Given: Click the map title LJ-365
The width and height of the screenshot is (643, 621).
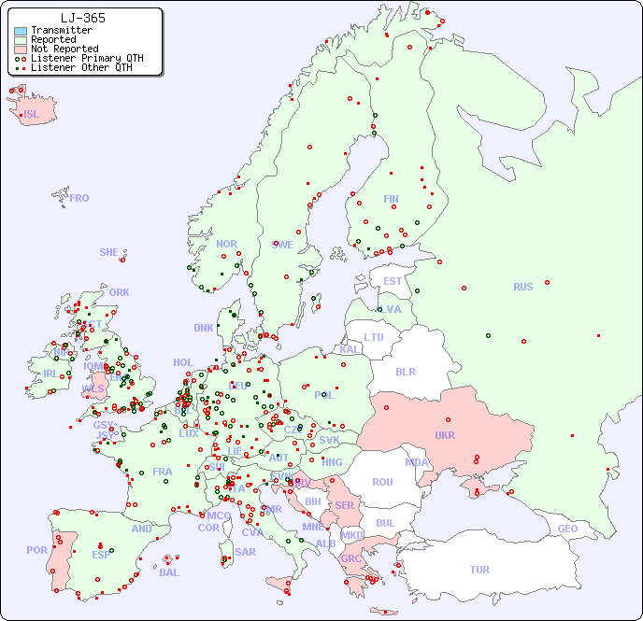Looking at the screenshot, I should pyautogui.click(x=82, y=18).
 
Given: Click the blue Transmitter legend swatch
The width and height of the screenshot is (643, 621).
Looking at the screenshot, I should pyautogui.click(x=21, y=31).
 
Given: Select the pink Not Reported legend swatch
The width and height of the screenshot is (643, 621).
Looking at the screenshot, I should pyautogui.click(x=21, y=49).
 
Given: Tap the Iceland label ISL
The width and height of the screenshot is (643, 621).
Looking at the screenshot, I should pyautogui.click(x=31, y=115).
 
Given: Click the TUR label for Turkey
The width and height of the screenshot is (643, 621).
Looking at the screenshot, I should pyautogui.click(x=479, y=570).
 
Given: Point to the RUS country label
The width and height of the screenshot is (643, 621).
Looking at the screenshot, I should pyautogui.click(x=522, y=287).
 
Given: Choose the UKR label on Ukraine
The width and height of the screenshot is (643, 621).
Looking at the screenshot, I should pyautogui.click(x=445, y=435).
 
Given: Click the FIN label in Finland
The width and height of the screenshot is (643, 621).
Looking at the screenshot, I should pyautogui.click(x=391, y=199).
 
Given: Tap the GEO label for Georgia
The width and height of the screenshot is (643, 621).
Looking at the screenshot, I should pyautogui.click(x=567, y=529).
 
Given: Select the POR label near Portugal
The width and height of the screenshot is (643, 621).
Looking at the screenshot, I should pyautogui.click(x=36, y=550).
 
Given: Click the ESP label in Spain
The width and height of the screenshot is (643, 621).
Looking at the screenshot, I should pyautogui.click(x=101, y=555).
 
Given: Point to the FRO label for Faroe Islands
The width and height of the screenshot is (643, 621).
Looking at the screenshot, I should pyautogui.click(x=79, y=198).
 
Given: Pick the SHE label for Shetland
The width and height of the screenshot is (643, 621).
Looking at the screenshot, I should pyautogui.click(x=109, y=252).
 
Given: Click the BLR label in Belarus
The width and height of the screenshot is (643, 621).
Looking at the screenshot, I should pyautogui.click(x=406, y=371).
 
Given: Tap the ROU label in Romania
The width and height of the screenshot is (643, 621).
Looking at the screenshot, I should pyautogui.click(x=382, y=482).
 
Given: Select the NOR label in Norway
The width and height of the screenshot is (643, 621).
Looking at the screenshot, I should pyautogui.click(x=226, y=244).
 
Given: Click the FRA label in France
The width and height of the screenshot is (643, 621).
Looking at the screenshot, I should pyautogui.click(x=163, y=472).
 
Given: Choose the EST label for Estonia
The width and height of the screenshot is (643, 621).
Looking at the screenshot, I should pyautogui.click(x=393, y=281).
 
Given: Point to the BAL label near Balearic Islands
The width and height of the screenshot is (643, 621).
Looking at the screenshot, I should pyautogui.click(x=168, y=572).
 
